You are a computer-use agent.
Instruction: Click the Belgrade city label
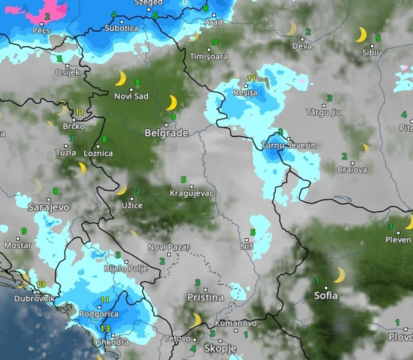[x=167, y=133]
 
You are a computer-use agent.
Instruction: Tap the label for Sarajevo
[x=48, y=207]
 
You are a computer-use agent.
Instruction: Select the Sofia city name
[x=326, y=295]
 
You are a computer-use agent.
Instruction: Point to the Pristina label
[x=206, y=298]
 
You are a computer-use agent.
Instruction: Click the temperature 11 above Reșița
[x=251, y=78]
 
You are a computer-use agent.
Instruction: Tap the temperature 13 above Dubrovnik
[x=41, y=284]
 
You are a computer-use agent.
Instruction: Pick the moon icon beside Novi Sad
[x=120, y=79]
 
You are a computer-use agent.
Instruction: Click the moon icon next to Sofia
[x=339, y=275]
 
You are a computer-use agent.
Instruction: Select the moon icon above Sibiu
[x=361, y=35]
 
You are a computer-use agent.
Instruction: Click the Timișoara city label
[x=209, y=57]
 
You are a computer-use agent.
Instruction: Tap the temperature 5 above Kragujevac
[x=184, y=180]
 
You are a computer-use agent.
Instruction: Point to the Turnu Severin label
[x=288, y=145]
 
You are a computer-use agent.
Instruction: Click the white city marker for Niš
[x=247, y=240]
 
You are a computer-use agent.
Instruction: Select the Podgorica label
[x=99, y=314]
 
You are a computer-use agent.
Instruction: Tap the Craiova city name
[x=352, y=170]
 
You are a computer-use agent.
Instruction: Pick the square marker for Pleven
[x=399, y=233]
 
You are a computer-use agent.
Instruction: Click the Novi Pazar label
[x=169, y=247]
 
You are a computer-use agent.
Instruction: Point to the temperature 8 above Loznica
[x=105, y=139]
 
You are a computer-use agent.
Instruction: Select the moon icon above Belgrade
[x=171, y=103]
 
